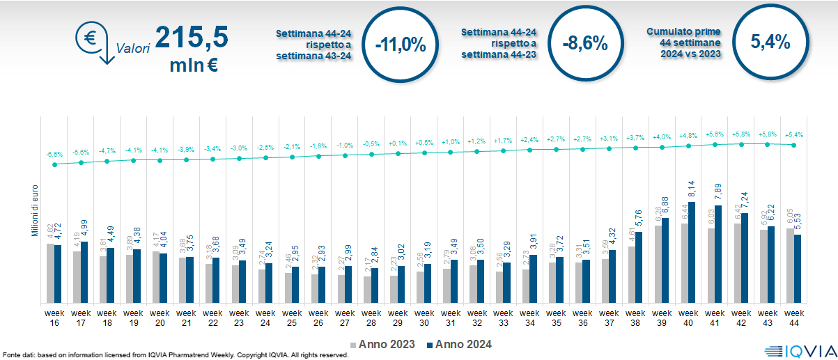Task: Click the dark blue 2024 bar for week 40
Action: tap(692, 242)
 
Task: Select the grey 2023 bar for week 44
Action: tap(790, 265)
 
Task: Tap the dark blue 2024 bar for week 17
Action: tap(85, 272)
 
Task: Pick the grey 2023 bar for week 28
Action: tap(367, 289)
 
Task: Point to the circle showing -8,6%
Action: tap(585, 44)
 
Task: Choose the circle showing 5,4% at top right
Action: tap(770, 42)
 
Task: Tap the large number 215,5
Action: tap(191, 38)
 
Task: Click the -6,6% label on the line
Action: tap(54, 155)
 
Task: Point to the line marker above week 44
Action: tap(793, 145)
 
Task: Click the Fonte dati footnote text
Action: tap(174, 355)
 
